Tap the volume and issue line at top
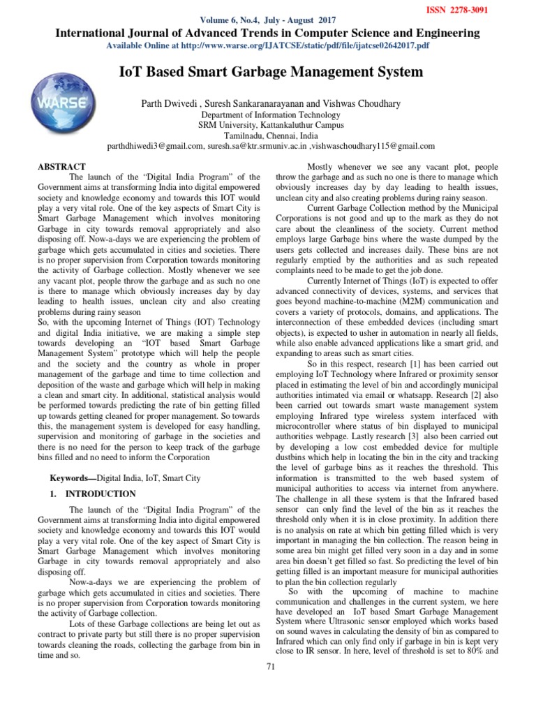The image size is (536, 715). pyautogui.click(x=268, y=21)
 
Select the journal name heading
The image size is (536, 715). pyautogui.click(x=268, y=33)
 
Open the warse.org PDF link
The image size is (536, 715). pyautogui.click(x=268, y=45)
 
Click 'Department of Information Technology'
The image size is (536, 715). pyautogui.click(x=271, y=115)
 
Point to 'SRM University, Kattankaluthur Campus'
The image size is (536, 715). pyautogui.click(x=271, y=125)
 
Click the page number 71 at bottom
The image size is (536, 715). pyautogui.click(x=271, y=686)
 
